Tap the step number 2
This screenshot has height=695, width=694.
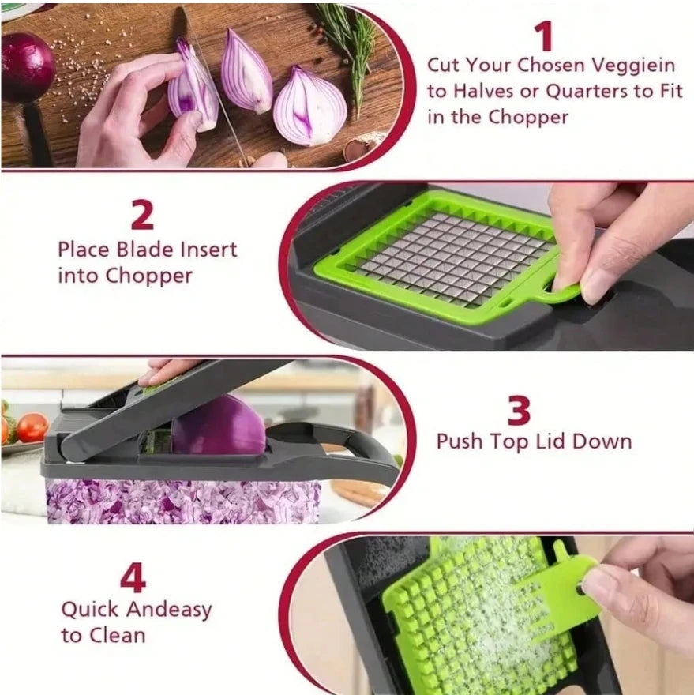tap(143, 215)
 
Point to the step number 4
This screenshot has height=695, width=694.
tap(133, 578)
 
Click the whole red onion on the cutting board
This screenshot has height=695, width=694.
tap(25, 67)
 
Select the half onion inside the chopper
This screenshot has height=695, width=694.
tap(219, 426)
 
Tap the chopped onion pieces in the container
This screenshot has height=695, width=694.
tap(182, 499)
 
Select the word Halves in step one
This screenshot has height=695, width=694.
tap(482, 91)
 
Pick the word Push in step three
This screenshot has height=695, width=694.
tap(460, 441)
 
